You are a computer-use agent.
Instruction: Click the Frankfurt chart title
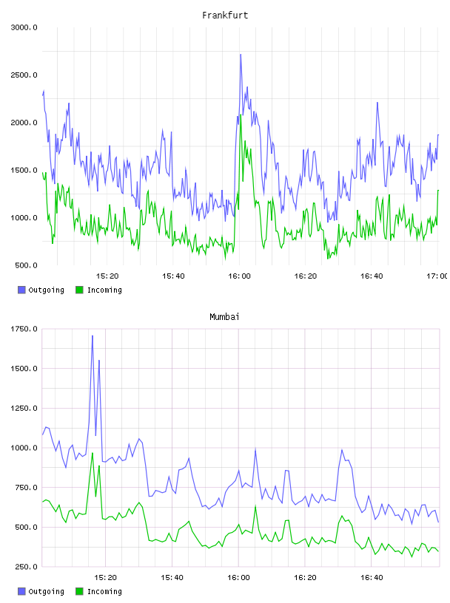[x=225, y=16]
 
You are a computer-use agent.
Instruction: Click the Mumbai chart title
[x=224, y=317]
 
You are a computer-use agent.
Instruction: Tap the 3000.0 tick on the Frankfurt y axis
[x=24, y=27]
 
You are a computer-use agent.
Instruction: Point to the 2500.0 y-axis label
[x=24, y=75]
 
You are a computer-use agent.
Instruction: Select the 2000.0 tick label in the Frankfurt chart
[x=24, y=123]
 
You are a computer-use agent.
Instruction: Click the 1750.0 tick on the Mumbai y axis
[x=24, y=329]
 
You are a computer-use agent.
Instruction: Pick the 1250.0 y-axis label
[x=24, y=408]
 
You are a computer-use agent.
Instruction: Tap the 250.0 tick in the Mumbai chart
[x=26, y=567]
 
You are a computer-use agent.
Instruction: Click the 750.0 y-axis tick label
[x=26, y=488]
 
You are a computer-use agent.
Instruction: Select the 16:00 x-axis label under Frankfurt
[x=239, y=276]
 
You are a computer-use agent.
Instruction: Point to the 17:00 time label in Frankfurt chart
[x=437, y=276]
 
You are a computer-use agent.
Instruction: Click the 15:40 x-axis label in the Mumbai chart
[x=172, y=578]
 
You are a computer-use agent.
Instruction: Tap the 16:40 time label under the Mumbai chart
[x=372, y=578]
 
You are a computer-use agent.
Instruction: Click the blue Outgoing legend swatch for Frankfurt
[x=21, y=290]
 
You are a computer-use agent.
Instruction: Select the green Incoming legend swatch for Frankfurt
[x=79, y=290]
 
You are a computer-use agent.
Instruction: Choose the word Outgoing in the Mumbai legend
[x=46, y=591]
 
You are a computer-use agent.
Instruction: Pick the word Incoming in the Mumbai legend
[x=104, y=591]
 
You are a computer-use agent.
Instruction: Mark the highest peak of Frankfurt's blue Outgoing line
[x=241, y=55]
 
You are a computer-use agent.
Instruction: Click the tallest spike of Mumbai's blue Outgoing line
[x=93, y=336]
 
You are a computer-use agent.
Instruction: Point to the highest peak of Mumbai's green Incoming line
[x=93, y=453]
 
